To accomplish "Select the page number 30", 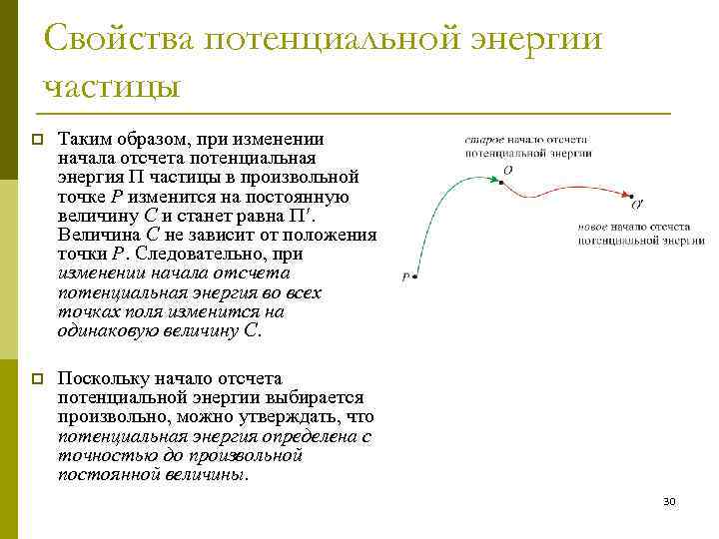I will point(669,501).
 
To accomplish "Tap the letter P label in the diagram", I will point(404,277).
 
